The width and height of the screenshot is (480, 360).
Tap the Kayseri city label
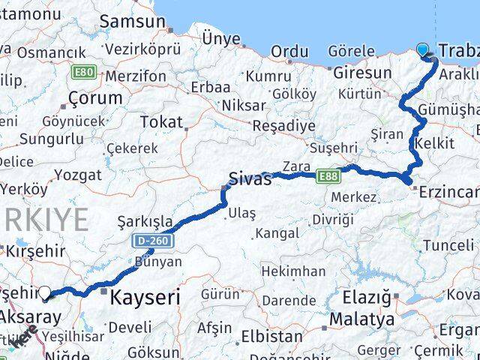point(145,298)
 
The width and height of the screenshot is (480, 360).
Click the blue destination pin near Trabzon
point(423,50)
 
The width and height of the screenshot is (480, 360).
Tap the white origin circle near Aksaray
point(45,292)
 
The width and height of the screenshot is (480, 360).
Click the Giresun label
point(362,73)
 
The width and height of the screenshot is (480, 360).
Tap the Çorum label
point(94,98)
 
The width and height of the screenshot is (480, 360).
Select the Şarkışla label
point(146,222)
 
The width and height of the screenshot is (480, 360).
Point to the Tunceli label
point(448,245)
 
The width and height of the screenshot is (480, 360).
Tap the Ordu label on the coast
point(289,51)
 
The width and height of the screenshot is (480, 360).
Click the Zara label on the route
point(297,166)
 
